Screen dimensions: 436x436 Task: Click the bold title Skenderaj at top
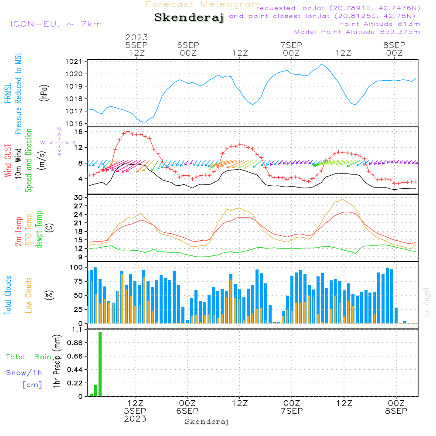coord(189,18)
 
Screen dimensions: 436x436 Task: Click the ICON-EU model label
coord(56,24)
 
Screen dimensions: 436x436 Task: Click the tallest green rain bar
coord(100,364)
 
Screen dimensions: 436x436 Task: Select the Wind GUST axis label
coord(8,161)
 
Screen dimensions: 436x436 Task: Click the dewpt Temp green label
coord(39,230)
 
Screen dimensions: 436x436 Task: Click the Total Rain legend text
coord(28,357)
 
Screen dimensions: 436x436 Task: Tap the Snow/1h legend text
coord(24,373)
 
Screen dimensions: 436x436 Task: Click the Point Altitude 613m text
coord(379,24)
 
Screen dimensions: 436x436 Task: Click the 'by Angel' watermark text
coord(426,302)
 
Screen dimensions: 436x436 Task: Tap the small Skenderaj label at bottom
coord(207,422)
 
